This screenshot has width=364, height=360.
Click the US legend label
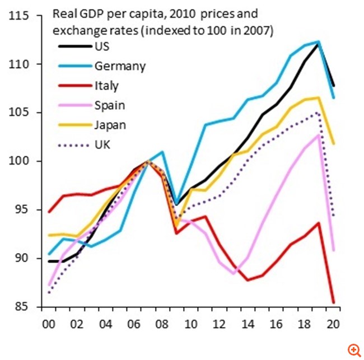pos(102,46)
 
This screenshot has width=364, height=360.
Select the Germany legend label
pos(120,66)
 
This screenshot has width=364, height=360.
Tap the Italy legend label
pos(107,86)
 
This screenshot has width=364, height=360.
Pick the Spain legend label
pos(110,105)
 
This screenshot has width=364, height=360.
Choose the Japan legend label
pos(110,124)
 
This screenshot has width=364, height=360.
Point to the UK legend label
pos(103,144)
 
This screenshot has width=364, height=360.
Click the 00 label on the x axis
pos(49,324)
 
